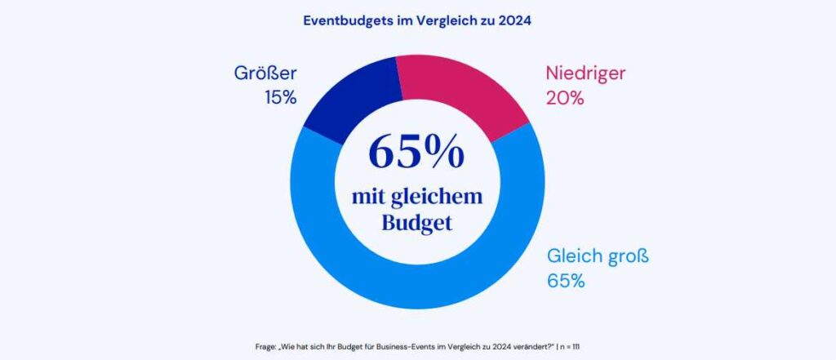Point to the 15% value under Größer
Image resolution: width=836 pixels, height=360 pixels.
279,98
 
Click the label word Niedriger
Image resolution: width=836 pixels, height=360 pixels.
585,73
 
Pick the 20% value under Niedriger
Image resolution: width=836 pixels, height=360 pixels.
563,98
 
